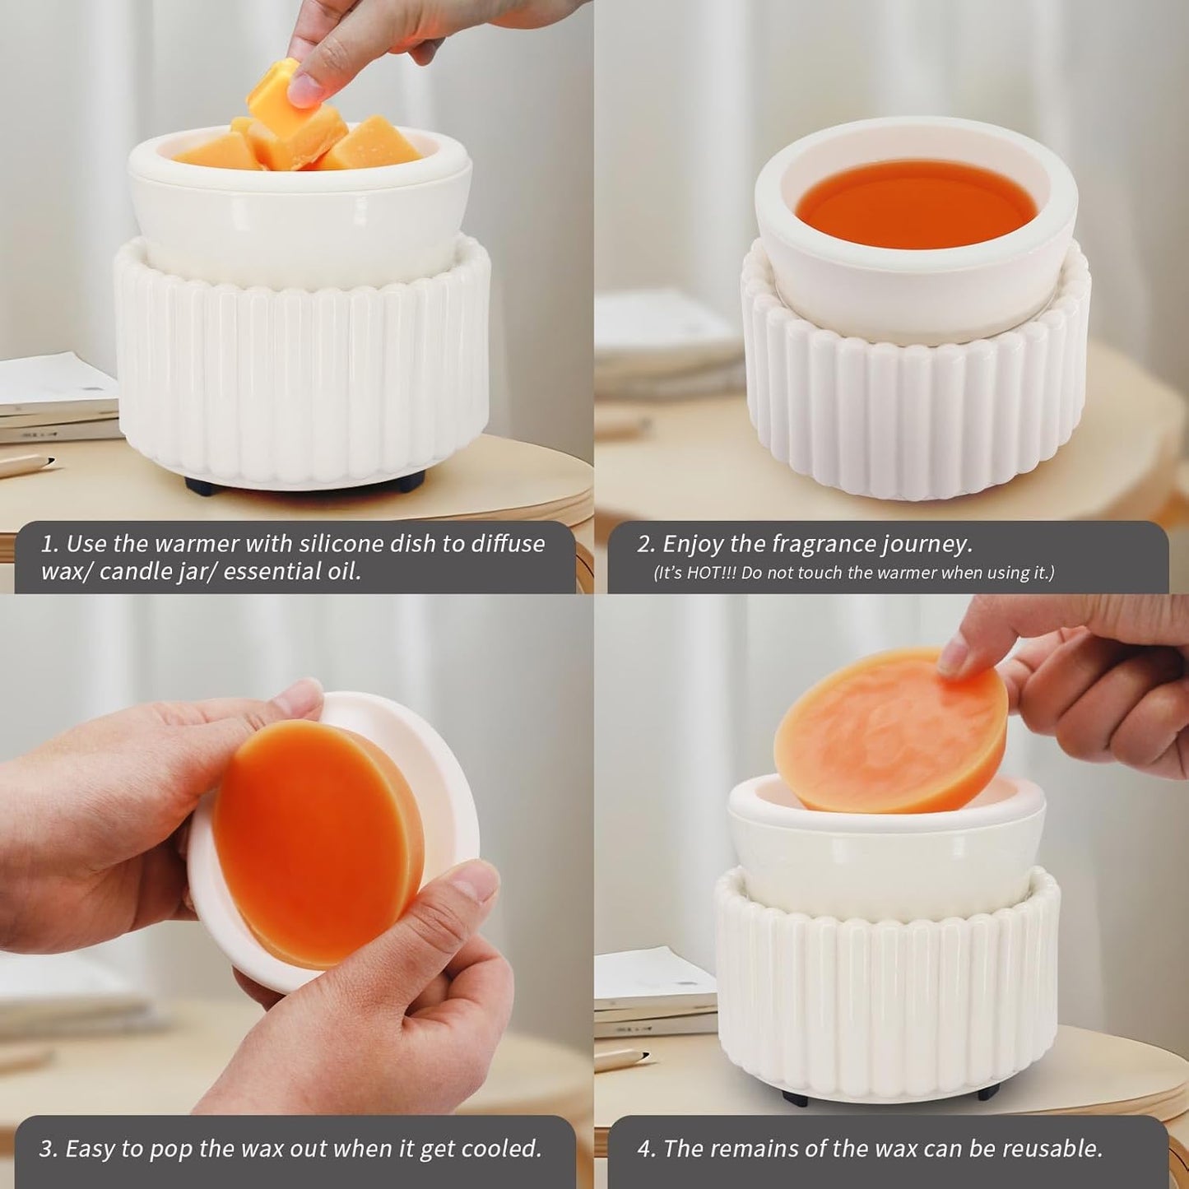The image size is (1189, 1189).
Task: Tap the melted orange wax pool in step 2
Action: pos(916,204)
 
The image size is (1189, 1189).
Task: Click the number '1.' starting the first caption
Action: pos(49,544)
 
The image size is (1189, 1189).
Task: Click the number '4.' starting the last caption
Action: pos(647,1149)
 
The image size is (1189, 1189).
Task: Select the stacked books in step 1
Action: pos(58,399)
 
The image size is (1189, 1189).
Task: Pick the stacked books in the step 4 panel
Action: pos(654,992)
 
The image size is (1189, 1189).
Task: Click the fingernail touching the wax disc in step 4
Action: pos(954,657)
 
